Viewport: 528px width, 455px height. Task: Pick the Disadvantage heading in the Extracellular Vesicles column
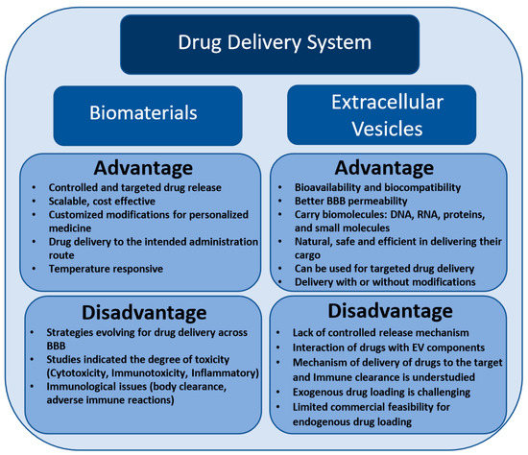click(389, 313)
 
